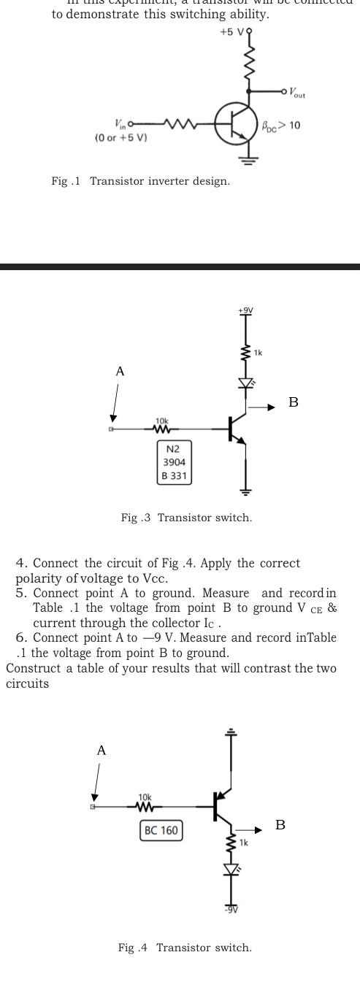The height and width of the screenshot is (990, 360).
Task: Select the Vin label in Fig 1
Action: (x=120, y=125)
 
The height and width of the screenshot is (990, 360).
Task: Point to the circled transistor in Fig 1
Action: (x=236, y=125)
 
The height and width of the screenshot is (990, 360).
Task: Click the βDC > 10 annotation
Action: (x=280, y=126)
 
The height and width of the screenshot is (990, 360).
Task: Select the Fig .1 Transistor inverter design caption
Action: (x=140, y=181)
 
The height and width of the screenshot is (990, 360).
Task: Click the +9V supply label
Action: (x=245, y=310)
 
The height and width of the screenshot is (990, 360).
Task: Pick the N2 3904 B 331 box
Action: (x=175, y=462)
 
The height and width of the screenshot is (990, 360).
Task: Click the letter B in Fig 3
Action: (x=293, y=402)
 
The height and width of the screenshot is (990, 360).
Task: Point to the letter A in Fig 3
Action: (x=120, y=372)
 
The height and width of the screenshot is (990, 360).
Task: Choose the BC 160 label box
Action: (x=161, y=831)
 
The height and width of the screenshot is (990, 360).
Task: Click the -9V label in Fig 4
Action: (x=231, y=910)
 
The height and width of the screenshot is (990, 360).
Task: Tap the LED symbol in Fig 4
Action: (x=231, y=870)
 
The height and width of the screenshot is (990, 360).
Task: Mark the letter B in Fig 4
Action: (x=280, y=825)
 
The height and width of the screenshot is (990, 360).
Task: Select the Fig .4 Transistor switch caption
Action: (x=185, y=948)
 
